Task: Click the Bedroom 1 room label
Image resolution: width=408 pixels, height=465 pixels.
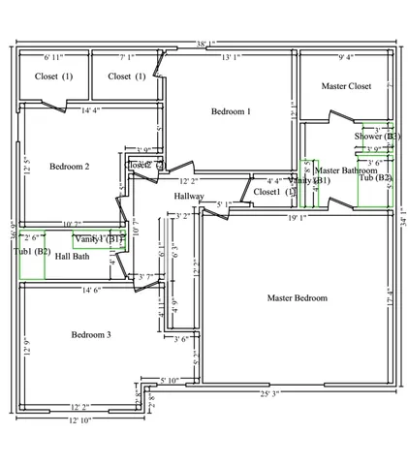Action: pos(231,112)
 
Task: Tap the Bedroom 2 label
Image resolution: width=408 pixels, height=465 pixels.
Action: pos(69,167)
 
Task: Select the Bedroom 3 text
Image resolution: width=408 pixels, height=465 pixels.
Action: pos(90,335)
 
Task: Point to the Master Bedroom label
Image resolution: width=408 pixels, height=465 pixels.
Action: pos(297,297)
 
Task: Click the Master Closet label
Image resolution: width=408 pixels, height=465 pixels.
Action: pos(346,86)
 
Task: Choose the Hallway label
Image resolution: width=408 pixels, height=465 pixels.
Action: pos(189,197)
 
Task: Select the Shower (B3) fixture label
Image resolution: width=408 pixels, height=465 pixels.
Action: pos(376,137)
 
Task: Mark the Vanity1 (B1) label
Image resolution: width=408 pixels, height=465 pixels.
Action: pos(99,238)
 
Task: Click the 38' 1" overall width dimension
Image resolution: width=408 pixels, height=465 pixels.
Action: pos(205,44)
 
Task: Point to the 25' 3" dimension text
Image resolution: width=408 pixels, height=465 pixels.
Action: pos(268,394)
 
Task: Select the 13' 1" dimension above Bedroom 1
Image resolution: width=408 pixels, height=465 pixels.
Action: pos(231,58)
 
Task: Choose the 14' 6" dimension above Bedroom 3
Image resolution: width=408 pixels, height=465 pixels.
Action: pos(94,290)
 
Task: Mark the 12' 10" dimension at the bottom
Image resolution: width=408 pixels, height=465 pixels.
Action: pos(80,420)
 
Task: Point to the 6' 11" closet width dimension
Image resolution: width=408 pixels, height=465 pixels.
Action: pos(55,58)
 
